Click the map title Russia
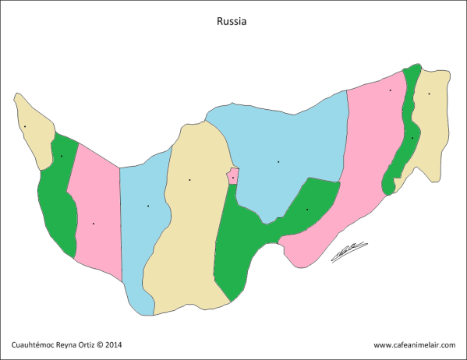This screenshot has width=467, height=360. [x=232, y=23]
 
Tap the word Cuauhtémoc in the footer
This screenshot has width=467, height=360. [x=35, y=344]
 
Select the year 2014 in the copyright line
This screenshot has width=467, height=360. [x=113, y=344]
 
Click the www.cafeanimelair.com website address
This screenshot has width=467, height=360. [x=413, y=344]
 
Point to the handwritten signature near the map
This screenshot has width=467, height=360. [x=348, y=252]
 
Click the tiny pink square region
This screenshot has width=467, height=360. [x=232, y=178]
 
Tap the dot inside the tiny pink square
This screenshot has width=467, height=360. [x=232, y=178]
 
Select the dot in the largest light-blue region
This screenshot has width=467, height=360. [x=278, y=162]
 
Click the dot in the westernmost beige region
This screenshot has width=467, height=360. [x=25, y=126]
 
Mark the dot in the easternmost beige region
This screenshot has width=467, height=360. [x=428, y=94]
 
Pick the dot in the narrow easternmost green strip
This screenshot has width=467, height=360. [x=412, y=138]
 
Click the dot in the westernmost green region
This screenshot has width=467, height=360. [x=62, y=156]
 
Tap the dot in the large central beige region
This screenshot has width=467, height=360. [x=189, y=180]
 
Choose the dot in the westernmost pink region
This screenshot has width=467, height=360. [x=94, y=224]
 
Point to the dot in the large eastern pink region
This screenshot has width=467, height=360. [x=391, y=90]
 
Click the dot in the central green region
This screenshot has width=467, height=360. [x=307, y=210]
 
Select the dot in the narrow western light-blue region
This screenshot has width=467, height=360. [x=148, y=206]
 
